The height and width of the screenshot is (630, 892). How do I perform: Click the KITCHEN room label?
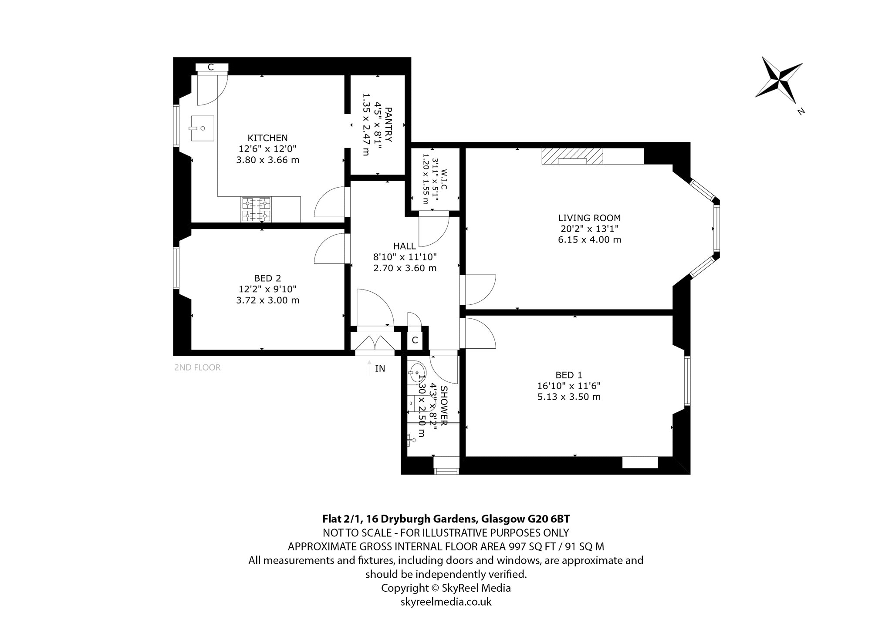coord(267,138)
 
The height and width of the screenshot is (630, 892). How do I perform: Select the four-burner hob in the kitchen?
coord(256,209)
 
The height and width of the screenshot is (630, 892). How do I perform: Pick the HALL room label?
coord(405,246)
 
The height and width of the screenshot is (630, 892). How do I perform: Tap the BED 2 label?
coord(267,278)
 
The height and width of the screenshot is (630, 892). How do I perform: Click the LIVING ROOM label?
coord(589,218)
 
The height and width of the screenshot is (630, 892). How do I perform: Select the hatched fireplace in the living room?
coord(572,156)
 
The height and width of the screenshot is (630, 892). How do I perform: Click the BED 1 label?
coord(569,375)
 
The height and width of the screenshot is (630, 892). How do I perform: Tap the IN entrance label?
coord(380,369)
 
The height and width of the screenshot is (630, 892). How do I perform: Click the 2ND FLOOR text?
coord(197,367)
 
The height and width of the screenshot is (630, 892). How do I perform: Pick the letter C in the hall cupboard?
coord(415,340)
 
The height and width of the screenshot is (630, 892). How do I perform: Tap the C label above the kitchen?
coord(211,67)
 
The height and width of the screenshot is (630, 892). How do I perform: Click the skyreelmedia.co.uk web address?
coord(446,602)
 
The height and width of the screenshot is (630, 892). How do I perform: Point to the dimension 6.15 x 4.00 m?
coord(589,239)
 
